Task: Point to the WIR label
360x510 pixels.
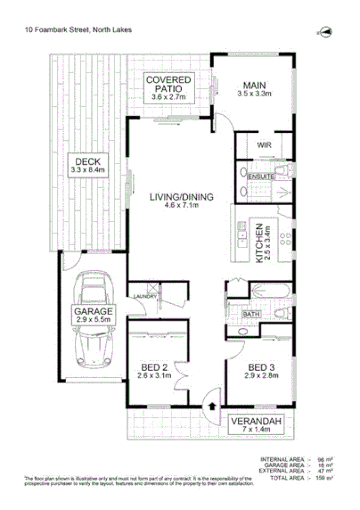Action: click(x=264, y=144)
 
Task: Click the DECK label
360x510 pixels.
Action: click(x=87, y=160)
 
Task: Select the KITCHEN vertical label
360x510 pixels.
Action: click(x=259, y=245)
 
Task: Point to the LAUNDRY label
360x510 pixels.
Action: click(x=145, y=297)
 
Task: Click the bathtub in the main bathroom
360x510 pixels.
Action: click(x=268, y=291)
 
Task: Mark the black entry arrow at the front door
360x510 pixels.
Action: click(x=210, y=407)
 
